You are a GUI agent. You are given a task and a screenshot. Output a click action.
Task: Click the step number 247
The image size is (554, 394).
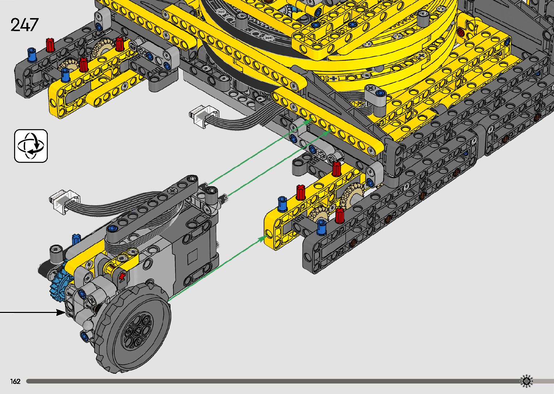25,25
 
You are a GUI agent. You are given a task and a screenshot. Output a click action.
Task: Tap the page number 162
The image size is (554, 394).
15,381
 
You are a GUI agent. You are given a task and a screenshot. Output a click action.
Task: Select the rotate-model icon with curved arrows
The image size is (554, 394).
31,146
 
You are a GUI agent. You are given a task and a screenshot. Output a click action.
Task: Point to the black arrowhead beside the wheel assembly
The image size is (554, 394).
61,312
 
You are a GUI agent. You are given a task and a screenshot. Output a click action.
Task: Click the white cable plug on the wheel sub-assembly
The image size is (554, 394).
65,201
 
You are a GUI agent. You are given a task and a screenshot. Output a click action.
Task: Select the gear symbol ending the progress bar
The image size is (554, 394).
526,381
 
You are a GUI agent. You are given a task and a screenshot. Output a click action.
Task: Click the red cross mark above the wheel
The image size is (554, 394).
122,276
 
